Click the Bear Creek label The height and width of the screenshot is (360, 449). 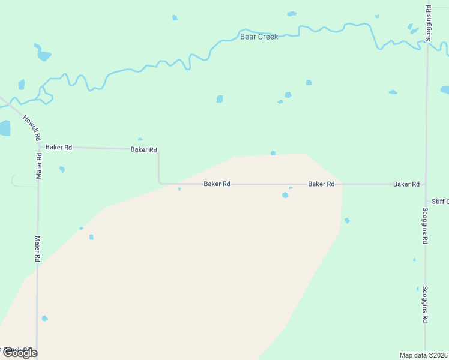pyautogui.click(x=259, y=37)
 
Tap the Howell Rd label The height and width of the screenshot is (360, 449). pyautogui.click(x=31, y=127)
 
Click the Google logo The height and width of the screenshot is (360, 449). pyautogui.click(x=19, y=353)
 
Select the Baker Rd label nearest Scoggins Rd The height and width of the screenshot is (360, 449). pyautogui.click(x=406, y=184)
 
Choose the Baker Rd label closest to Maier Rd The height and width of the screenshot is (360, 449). pyautogui.click(x=59, y=147)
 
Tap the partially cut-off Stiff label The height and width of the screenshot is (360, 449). pyautogui.click(x=439, y=202)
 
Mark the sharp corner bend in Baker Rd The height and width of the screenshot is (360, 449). pyautogui.click(x=159, y=182)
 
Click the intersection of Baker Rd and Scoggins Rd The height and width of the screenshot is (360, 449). pyautogui.click(x=426, y=184)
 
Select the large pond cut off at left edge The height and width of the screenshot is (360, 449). pyautogui.click(x=4, y=128)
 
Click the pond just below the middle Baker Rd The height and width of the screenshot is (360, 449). pyautogui.click(x=285, y=195)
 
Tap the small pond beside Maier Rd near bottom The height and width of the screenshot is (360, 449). pyautogui.click(x=44, y=318)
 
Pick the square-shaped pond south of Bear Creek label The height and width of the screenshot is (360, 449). pyautogui.click(x=220, y=99)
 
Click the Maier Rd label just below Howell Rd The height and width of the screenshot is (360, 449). pyautogui.click(x=39, y=166)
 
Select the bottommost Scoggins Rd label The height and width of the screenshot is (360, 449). pyautogui.click(x=424, y=305)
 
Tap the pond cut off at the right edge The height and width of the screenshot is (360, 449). pyautogui.click(x=445, y=90)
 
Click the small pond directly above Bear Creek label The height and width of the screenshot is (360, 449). pyautogui.click(x=292, y=13)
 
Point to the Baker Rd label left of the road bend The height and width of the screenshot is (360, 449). pyautogui.click(x=144, y=149)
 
